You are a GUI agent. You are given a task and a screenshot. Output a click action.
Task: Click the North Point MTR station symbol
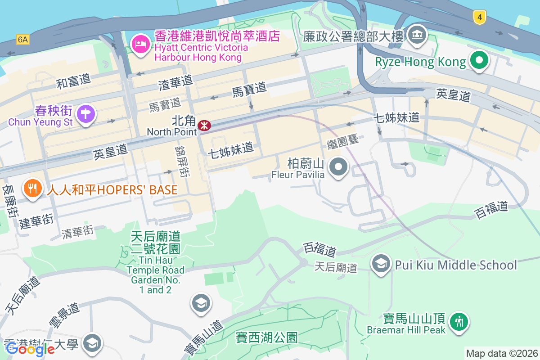point(204,125)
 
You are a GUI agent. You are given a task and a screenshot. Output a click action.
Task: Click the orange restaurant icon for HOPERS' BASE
point(32,188)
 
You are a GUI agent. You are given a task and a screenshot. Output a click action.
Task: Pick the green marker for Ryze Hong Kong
point(479,60)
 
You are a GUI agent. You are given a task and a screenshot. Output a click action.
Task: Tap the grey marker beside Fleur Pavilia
point(338,167)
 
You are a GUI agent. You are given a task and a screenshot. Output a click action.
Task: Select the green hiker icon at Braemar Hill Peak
point(459,322)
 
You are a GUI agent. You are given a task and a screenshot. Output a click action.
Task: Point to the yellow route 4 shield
point(480,18)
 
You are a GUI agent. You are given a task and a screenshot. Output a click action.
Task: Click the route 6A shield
point(23,40)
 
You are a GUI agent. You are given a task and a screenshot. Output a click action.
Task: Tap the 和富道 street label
point(73,81)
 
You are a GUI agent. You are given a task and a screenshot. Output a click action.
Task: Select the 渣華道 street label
point(175,82)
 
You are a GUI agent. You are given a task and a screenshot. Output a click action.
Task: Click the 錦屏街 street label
point(181,161)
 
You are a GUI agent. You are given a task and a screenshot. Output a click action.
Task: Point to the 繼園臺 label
point(343,141)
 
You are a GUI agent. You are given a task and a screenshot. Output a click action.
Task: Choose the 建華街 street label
point(36,221)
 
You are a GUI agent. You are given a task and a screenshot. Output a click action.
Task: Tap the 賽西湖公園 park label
point(267,337)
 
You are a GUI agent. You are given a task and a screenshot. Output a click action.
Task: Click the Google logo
point(30,349)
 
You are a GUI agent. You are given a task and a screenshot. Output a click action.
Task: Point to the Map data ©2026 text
point(502,353)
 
